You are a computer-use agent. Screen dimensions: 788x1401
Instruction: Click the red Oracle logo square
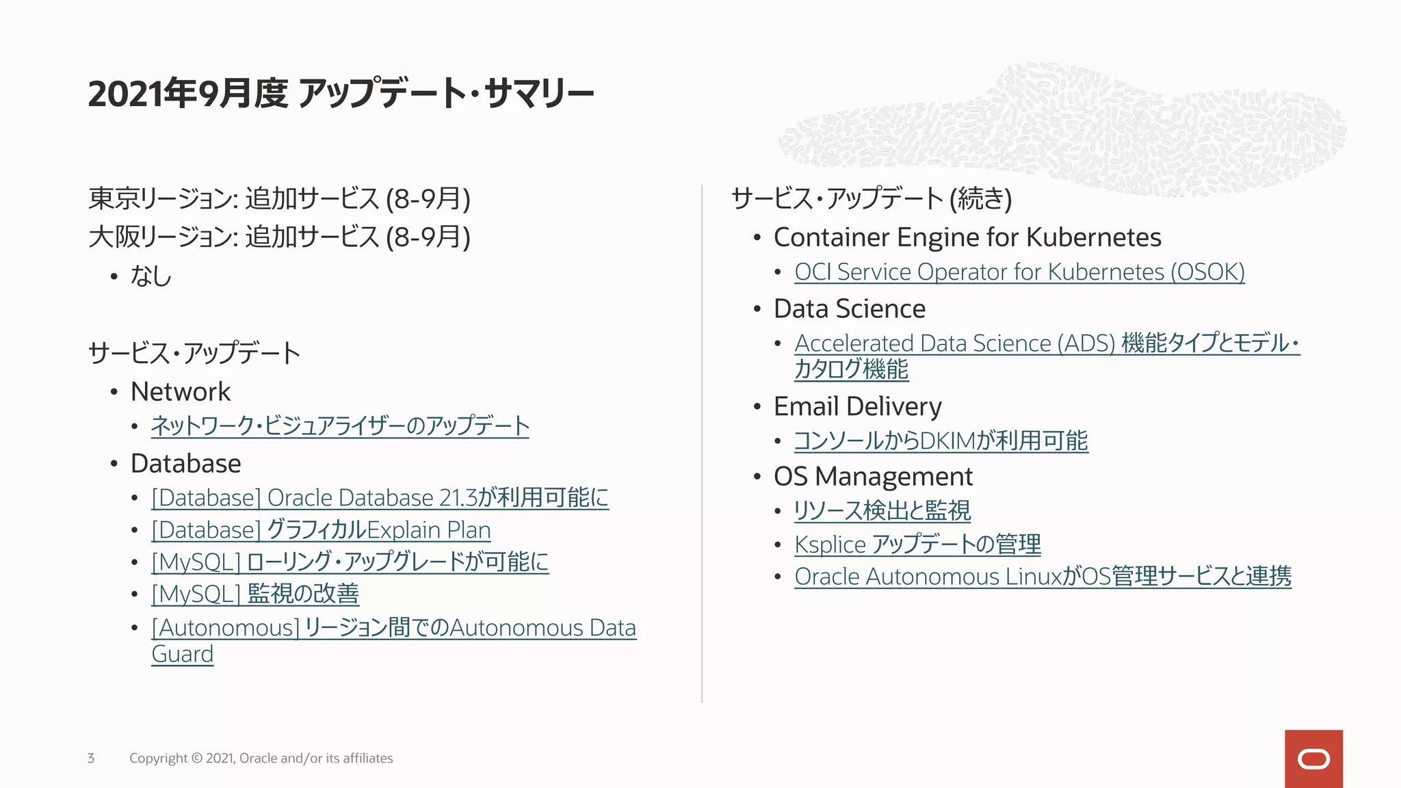click(1313, 759)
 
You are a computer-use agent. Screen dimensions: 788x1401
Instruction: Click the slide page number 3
click(91, 758)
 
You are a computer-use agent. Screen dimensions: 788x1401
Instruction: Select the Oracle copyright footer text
click(261, 758)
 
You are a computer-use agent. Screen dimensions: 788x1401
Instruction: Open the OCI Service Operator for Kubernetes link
click(1019, 272)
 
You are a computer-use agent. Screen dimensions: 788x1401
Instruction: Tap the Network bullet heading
click(181, 392)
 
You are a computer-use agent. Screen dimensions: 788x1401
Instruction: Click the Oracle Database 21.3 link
click(380, 498)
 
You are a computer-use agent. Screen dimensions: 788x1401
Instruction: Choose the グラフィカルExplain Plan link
click(321, 530)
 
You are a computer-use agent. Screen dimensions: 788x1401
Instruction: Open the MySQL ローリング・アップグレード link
click(350, 562)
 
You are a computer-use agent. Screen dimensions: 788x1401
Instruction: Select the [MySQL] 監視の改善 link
click(255, 594)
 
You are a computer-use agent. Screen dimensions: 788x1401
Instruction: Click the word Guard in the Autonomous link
click(183, 655)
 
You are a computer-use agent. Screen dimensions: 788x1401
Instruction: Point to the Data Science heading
click(849, 309)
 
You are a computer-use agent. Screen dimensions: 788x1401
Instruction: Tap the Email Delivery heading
click(857, 407)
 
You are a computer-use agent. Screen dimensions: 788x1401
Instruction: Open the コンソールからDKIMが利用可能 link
click(941, 441)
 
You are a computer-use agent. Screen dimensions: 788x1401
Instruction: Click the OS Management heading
click(873, 477)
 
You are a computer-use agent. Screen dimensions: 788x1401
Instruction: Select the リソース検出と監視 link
click(882, 511)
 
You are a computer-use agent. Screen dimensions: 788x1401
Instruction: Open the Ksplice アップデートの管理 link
click(917, 544)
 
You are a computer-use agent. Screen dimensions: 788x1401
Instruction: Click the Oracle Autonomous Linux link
click(1043, 577)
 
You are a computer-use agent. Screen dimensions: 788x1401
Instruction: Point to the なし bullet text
click(150, 276)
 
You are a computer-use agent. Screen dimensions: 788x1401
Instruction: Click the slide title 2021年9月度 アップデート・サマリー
click(341, 94)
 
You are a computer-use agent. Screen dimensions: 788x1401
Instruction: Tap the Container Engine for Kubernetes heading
click(967, 237)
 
